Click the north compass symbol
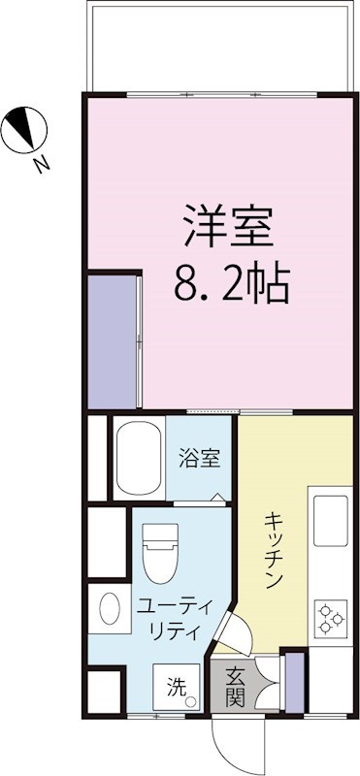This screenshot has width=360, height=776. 24,130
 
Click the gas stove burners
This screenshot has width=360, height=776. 330,617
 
